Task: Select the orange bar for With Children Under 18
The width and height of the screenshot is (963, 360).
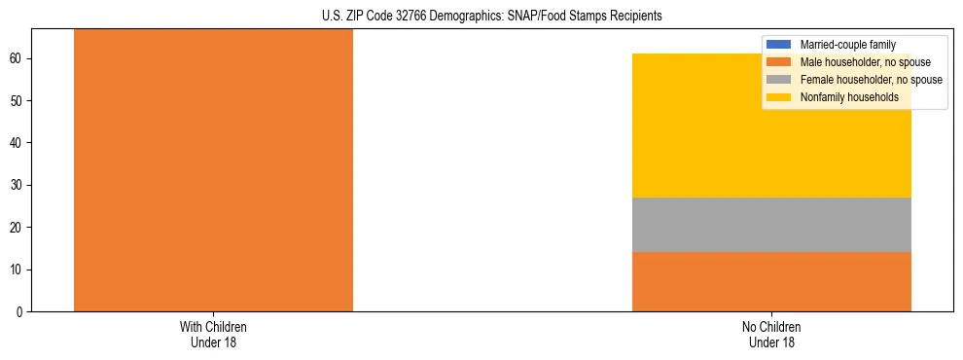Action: click(x=213, y=170)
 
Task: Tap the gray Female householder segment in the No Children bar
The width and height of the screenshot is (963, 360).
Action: click(x=771, y=225)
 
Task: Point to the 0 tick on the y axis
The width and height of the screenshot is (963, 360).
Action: click(x=20, y=311)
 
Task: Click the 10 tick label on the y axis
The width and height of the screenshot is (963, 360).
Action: click(x=18, y=270)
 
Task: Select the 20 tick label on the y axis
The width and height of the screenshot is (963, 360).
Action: click(x=18, y=227)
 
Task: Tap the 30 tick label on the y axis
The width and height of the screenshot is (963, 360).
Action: click(x=18, y=185)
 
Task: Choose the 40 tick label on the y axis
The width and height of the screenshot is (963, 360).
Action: click(x=18, y=143)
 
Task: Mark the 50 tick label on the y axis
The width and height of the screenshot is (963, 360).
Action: click(x=18, y=101)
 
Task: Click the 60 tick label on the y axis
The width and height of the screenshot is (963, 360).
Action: click(x=18, y=58)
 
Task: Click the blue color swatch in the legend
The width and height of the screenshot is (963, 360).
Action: click(x=779, y=45)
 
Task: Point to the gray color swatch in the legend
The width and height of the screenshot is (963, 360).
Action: click(x=779, y=80)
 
